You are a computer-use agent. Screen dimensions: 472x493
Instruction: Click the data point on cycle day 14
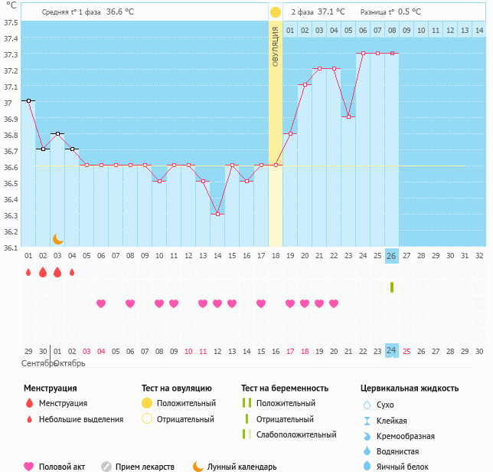(x=217, y=214)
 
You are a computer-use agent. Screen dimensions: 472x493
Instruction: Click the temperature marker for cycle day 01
(x=28, y=100)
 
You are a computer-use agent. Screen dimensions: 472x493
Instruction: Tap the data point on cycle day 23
(x=348, y=116)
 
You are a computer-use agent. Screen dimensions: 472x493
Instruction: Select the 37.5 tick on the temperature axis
(x=11, y=22)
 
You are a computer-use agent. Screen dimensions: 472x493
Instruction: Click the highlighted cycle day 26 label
(x=392, y=255)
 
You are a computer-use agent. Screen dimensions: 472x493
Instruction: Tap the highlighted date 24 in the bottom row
(x=392, y=350)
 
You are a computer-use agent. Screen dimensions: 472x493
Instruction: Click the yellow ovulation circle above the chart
(x=276, y=12)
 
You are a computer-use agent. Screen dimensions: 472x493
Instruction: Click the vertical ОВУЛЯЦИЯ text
(x=276, y=46)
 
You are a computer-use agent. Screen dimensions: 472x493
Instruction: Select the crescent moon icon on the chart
(x=57, y=239)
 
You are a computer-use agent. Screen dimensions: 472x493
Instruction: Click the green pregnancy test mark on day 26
(x=392, y=287)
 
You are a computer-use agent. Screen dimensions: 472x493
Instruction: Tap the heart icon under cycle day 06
(x=101, y=303)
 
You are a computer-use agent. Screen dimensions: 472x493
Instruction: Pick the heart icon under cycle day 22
(x=334, y=303)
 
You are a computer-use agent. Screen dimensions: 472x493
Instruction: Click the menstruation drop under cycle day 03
(x=57, y=272)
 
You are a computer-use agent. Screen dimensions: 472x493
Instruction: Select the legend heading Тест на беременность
(x=284, y=388)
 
